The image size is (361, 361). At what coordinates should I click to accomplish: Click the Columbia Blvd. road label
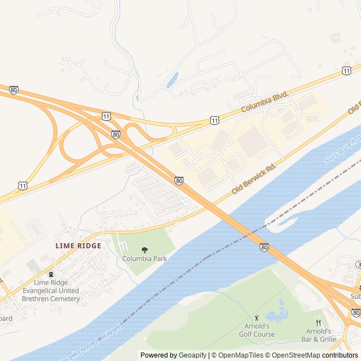tap(265, 102)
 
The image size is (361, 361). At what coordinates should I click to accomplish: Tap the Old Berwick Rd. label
tap(254, 180)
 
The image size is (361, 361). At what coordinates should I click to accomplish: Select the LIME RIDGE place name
tap(78, 246)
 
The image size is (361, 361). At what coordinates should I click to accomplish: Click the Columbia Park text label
tap(145, 259)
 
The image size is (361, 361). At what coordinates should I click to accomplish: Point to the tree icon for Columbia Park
tap(145, 250)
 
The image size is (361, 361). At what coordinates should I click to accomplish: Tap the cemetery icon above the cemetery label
tap(51, 275)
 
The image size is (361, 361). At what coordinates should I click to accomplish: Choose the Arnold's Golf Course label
tap(256, 330)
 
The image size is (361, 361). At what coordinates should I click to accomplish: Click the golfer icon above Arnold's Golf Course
tap(257, 318)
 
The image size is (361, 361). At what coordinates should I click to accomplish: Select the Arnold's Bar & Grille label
tap(320, 335)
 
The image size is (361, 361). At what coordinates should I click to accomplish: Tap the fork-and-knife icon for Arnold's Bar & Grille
tap(318, 323)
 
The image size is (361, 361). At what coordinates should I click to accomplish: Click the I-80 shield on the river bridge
tap(264, 247)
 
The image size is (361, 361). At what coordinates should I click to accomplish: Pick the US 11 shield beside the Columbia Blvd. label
tap(214, 120)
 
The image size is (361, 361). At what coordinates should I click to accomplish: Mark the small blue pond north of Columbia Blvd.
tap(172, 80)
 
